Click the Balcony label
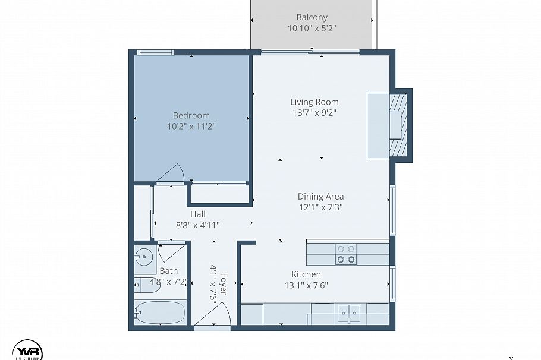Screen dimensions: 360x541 [312, 18]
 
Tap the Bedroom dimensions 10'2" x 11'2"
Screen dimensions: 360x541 [191, 126]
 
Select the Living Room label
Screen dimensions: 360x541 [314, 102]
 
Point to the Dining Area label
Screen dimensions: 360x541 [320, 196]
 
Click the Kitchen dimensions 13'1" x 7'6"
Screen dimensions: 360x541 [306, 285]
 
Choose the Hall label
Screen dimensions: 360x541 [198, 214]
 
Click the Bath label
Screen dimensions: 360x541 [168, 271]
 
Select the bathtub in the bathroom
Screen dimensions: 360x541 [160, 312]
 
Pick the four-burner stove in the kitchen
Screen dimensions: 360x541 [346, 254]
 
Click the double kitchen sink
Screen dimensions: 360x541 [348, 313]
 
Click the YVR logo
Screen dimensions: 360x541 [27, 347]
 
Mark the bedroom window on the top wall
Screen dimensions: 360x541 [154, 53]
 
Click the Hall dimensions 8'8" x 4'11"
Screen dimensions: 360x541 [198, 225]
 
